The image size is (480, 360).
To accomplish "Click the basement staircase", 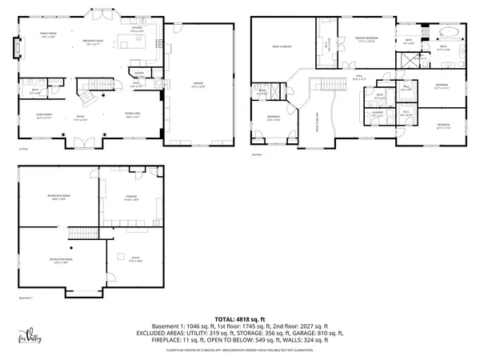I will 79,233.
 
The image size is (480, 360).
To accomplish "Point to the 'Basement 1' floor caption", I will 30,298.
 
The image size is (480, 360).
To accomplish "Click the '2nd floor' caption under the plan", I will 258,154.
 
